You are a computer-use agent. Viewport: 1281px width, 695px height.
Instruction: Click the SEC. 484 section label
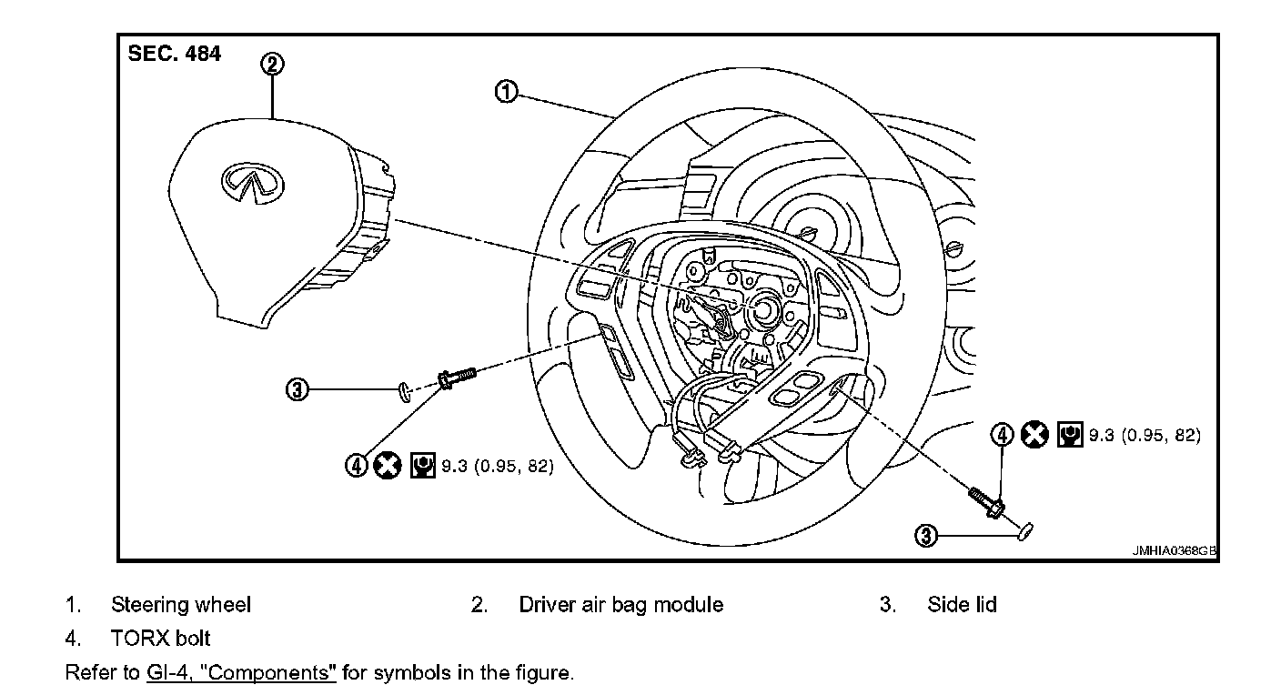click(x=174, y=54)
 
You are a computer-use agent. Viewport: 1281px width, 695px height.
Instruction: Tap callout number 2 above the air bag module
click(x=272, y=64)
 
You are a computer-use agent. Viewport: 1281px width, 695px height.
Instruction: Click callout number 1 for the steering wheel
click(x=507, y=91)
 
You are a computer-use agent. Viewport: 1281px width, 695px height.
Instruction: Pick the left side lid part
click(x=403, y=390)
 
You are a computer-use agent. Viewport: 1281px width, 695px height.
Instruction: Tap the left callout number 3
click(x=298, y=390)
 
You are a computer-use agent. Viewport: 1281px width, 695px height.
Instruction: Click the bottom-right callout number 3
click(x=925, y=536)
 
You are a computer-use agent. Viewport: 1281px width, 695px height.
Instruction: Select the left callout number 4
click(x=356, y=466)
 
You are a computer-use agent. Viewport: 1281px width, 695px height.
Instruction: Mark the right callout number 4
click(x=1002, y=434)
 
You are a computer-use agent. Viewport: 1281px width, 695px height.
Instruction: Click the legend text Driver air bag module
click(x=620, y=604)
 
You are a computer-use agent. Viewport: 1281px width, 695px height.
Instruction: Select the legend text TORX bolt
click(x=160, y=638)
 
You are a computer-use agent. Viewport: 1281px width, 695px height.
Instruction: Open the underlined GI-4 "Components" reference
click(x=241, y=674)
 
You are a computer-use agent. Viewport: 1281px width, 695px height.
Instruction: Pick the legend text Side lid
click(x=962, y=604)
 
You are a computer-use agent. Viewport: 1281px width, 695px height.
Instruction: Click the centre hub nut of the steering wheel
click(x=760, y=309)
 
